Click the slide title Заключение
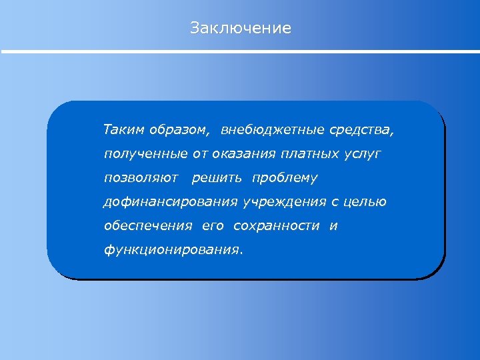click(x=240, y=28)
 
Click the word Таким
click(x=119, y=129)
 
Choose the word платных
click(x=311, y=154)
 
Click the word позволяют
click(x=141, y=178)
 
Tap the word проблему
click(x=285, y=178)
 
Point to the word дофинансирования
click(x=170, y=202)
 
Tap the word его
click(x=213, y=226)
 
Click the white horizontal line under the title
click(x=240, y=51)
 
